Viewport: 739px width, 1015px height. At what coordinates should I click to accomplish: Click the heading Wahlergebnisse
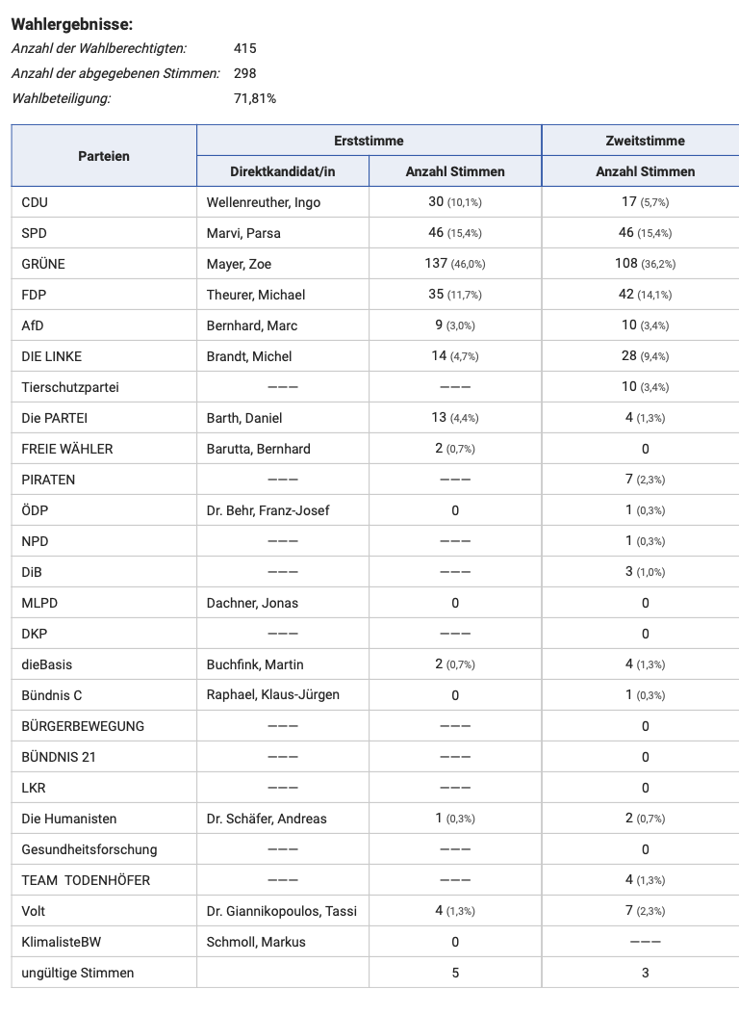click(x=72, y=24)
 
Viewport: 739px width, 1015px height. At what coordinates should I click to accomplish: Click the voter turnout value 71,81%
click(x=255, y=98)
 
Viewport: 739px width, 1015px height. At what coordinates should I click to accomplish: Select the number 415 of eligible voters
click(x=245, y=48)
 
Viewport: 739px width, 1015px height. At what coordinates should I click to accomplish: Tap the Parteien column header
click(x=104, y=156)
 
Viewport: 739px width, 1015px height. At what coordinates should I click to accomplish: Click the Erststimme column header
click(x=369, y=141)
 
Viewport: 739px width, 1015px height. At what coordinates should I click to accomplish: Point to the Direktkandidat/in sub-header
click(x=283, y=171)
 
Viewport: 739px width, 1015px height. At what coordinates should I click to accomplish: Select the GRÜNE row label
click(x=43, y=264)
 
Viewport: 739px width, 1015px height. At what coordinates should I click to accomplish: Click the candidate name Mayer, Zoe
click(x=241, y=264)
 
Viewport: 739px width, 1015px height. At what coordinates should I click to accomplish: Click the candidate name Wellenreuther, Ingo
click(x=264, y=202)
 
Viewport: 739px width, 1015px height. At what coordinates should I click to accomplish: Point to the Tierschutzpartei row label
click(x=70, y=387)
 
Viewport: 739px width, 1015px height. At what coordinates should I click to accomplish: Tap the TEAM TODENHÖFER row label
click(x=86, y=880)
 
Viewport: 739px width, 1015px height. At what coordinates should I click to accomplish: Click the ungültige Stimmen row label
click(x=78, y=973)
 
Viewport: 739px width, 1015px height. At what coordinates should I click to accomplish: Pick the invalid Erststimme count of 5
click(x=455, y=973)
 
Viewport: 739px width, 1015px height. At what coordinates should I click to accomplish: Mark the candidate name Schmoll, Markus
click(x=256, y=942)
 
